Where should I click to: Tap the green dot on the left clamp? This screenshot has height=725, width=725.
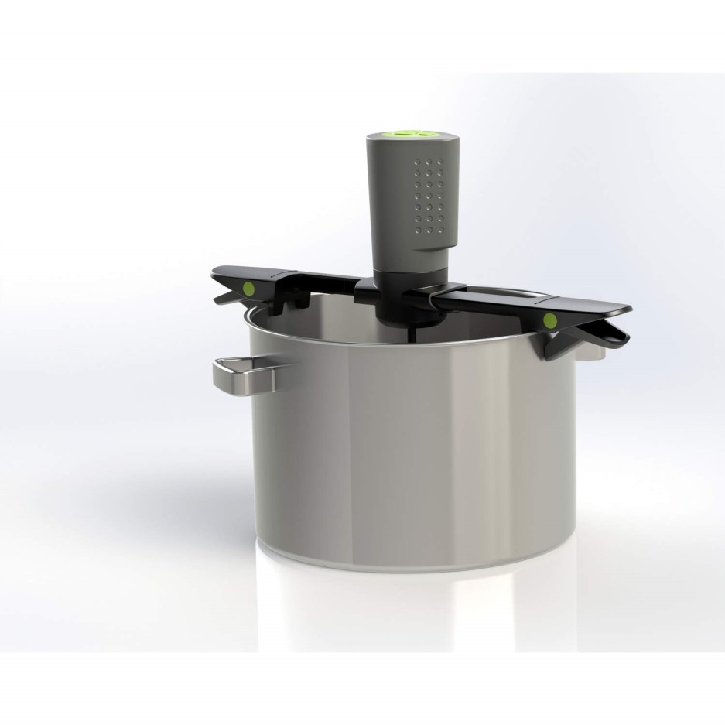pos(249,289)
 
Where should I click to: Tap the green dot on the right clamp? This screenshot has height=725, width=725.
pos(550,320)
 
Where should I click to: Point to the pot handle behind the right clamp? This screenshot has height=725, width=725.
pos(596,350)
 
